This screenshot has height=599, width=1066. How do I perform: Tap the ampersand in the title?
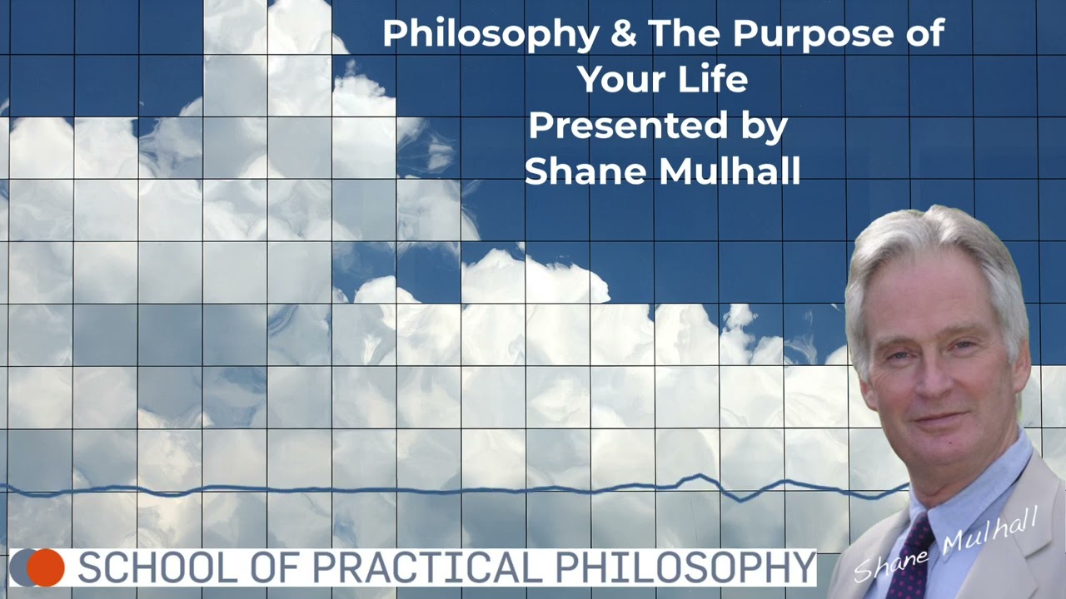624,34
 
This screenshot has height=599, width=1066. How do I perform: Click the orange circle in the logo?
46,567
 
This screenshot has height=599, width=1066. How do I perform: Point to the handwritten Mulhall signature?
991,533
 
